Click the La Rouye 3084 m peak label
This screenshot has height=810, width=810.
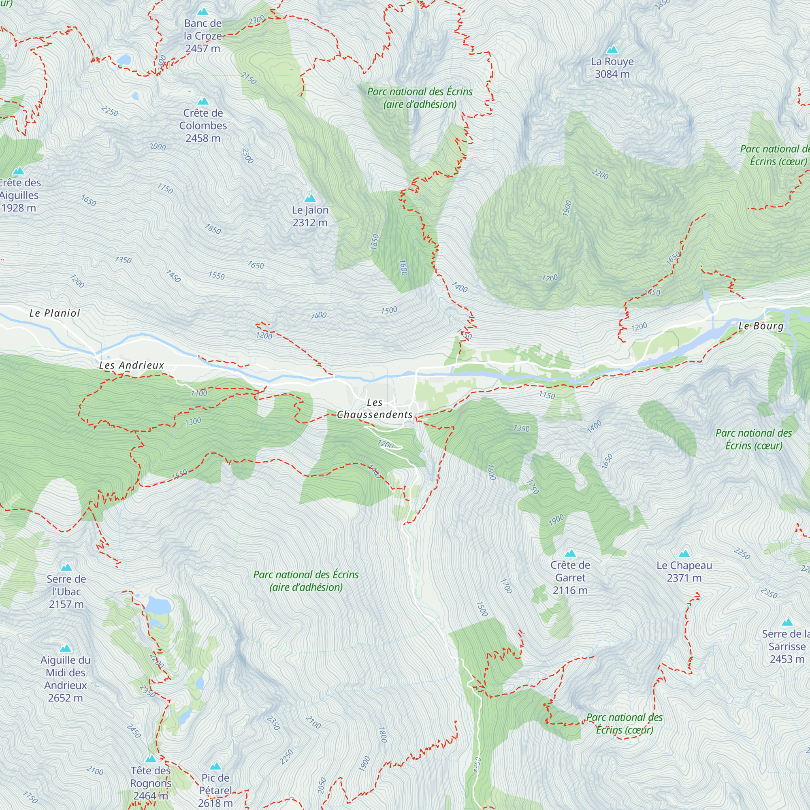(612, 68)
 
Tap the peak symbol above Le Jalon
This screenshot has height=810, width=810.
(310, 198)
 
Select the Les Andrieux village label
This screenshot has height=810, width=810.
(131, 365)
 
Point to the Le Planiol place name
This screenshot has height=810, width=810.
(55, 313)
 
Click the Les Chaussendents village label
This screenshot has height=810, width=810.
(374, 408)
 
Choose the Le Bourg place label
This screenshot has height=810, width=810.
(761, 326)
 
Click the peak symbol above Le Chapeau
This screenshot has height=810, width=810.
(684, 553)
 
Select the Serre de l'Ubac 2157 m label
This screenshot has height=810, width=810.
(66, 592)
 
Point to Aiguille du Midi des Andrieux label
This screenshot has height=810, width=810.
(65, 679)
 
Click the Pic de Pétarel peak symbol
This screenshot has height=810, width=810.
(215, 766)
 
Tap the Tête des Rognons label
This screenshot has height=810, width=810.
(151, 783)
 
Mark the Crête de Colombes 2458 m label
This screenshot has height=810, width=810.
(203, 126)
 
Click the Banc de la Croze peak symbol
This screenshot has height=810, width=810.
(203, 11)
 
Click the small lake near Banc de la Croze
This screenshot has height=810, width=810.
(124, 60)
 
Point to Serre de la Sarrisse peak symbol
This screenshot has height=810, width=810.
(787, 622)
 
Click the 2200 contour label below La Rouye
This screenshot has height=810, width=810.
(599, 174)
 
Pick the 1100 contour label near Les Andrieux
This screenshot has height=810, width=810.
(199, 393)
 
